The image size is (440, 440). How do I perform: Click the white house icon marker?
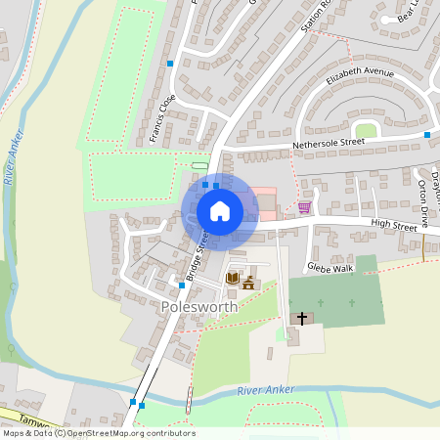click(x=220, y=210)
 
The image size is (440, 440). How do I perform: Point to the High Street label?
click(x=393, y=227)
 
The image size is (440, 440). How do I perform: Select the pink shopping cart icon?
click(x=304, y=207)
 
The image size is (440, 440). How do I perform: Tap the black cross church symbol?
click(x=302, y=319)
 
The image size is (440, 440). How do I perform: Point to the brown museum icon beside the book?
click(x=248, y=283)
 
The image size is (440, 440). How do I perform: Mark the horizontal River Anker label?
click(x=265, y=392)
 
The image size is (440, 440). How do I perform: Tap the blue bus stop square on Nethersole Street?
click(x=427, y=134)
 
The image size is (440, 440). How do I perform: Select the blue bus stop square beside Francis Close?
click(x=169, y=64)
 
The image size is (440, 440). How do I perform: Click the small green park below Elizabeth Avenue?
click(x=366, y=130)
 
